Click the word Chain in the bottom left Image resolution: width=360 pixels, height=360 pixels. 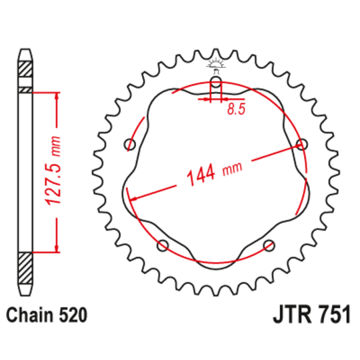pos(31,313)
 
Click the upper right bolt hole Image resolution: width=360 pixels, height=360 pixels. pos(302,145)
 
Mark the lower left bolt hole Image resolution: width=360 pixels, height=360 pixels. pos(162,245)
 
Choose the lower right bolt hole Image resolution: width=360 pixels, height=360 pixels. pos(269,245)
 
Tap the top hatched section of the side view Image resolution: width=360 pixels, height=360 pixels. pos(25,69)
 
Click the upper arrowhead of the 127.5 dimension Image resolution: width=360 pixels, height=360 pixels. pos(57,97)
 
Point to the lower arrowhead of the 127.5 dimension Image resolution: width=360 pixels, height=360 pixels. pos(57,248)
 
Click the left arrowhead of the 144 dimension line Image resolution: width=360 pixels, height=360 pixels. pos(133,198)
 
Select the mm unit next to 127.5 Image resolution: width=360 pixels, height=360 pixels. pos(56,145)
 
